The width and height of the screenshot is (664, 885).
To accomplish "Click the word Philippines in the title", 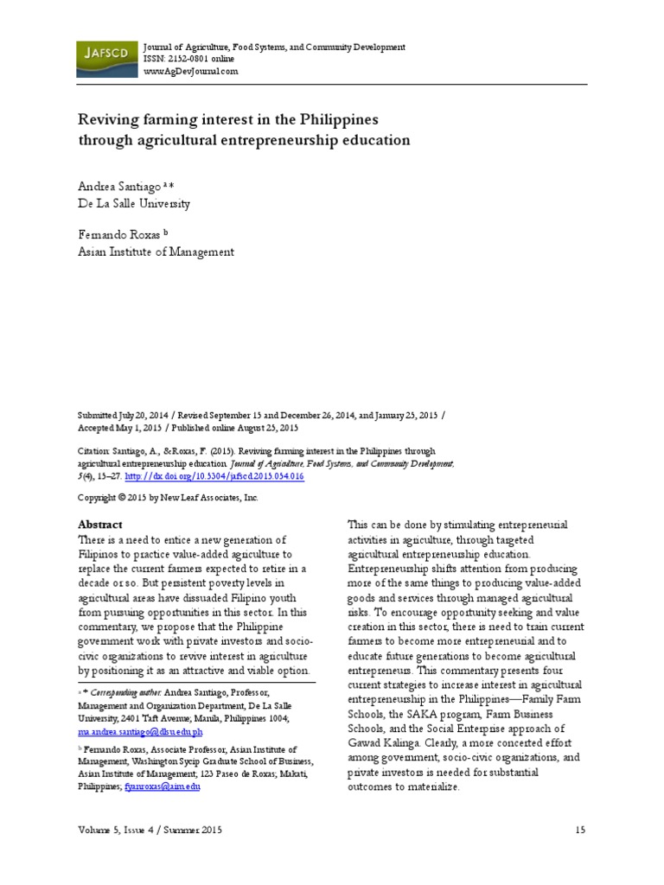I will [x=329, y=118].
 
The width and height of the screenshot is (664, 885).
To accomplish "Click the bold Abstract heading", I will [x=100, y=525].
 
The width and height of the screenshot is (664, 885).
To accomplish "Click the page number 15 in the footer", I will [x=580, y=831].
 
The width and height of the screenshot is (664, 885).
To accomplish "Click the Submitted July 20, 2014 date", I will [x=126, y=415].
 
